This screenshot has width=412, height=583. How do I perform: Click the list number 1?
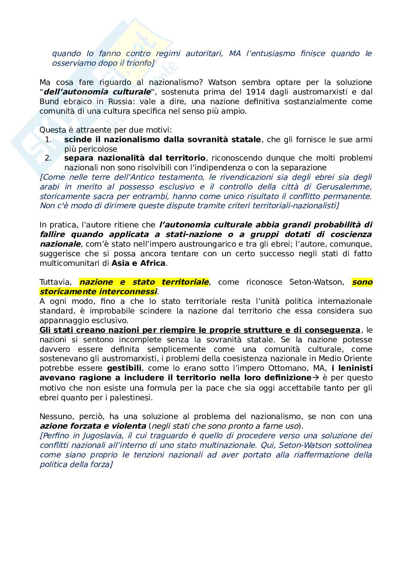[x=48, y=140]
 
